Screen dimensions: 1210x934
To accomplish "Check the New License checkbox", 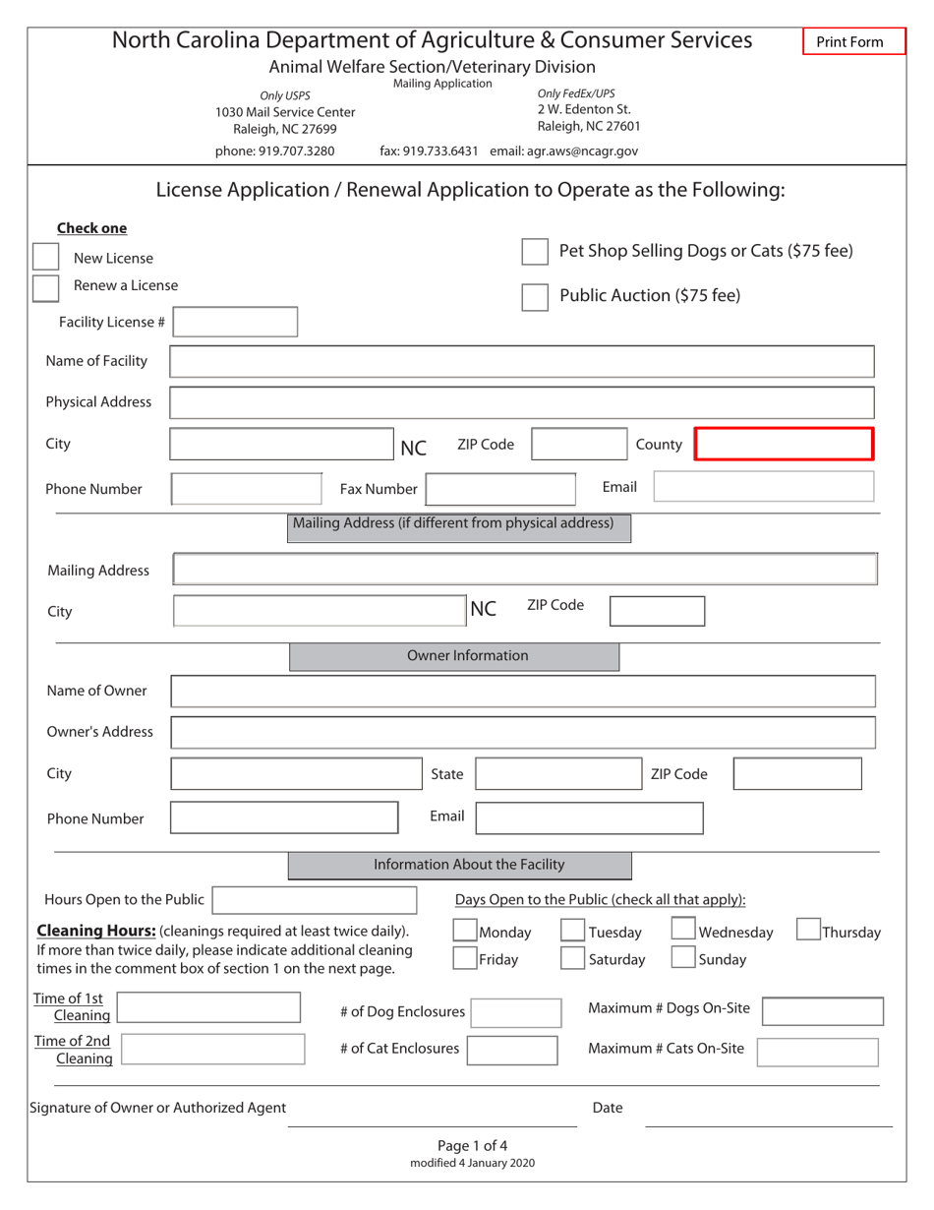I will click(x=45, y=257).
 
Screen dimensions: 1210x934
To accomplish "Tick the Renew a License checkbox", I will click(x=45, y=288).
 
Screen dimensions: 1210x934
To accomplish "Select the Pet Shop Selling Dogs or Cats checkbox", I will click(x=535, y=252).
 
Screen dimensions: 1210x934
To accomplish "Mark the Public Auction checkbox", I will click(x=535, y=297).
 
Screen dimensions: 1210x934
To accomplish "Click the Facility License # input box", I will click(x=236, y=322).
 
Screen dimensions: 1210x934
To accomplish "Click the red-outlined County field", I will click(x=784, y=444).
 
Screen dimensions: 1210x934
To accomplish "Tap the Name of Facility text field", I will click(x=522, y=361).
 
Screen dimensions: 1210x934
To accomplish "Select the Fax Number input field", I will click(x=499, y=488).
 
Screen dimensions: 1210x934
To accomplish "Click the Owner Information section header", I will click(x=454, y=656).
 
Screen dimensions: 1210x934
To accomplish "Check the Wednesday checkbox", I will click(x=683, y=931).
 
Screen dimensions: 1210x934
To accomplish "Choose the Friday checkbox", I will click(x=465, y=958).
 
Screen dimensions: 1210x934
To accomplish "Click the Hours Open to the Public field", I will click(x=315, y=900).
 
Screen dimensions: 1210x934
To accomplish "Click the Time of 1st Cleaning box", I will click(x=208, y=1008).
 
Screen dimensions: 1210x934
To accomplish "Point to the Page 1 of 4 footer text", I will click(x=472, y=1145).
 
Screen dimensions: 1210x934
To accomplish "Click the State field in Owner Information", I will click(x=558, y=774).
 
